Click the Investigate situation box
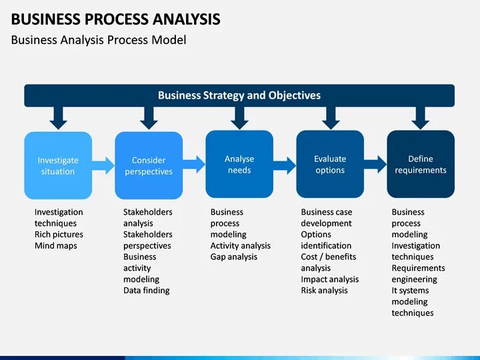(x=58, y=165)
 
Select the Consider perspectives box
(x=149, y=165)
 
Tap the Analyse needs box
(x=239, y=164)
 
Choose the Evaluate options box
(x=330, y=164)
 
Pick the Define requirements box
(x=421, y=164)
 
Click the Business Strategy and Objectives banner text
(x=239, y=95)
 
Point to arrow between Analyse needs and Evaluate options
(x=285, y=163)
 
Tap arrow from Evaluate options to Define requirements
(x=375, y=163)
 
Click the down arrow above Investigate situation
(x=59, y=118)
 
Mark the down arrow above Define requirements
(x=420, y=118)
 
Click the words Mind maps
(x=56, y=246)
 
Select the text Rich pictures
(x=59, y=235)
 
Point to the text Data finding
(x=147, y=291)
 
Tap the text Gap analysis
(x=234, y=257)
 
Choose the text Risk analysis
(x=324, y=291)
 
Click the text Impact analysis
(x=329, y=279)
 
